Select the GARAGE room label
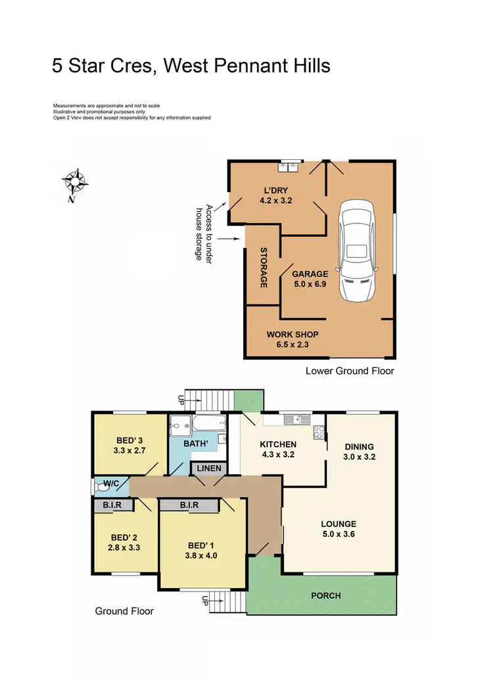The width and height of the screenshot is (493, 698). (x=310, y=274)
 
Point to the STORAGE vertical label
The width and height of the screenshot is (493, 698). (x=264, y=267)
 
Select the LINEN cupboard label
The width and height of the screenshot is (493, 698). (x=209, y=468)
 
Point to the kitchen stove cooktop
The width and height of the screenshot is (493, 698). (x=319, y=432)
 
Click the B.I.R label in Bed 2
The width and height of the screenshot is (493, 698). (x=112, y=505)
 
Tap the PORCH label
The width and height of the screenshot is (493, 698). (x=326, y=595)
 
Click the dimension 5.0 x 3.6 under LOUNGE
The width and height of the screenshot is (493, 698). (x=338, y=534)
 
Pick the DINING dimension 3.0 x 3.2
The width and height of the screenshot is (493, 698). (x=360, y=456)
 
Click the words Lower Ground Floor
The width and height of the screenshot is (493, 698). (x=350, y=371)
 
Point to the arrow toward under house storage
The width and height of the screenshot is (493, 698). (x=228, y=239)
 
